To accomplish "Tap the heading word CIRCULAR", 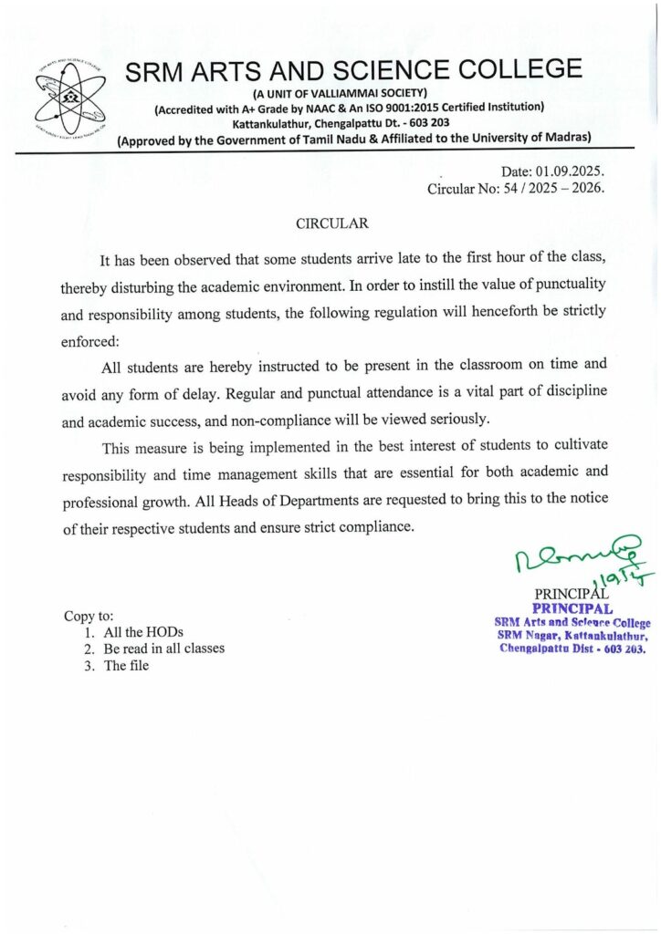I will click(x=332, y=223).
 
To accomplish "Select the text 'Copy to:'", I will click(x=89, y=616).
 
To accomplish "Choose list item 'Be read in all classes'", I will click(x=163, y=649).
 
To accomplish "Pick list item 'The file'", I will click(x=126, y=665).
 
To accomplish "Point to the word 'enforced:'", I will click(x=90, y=337).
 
